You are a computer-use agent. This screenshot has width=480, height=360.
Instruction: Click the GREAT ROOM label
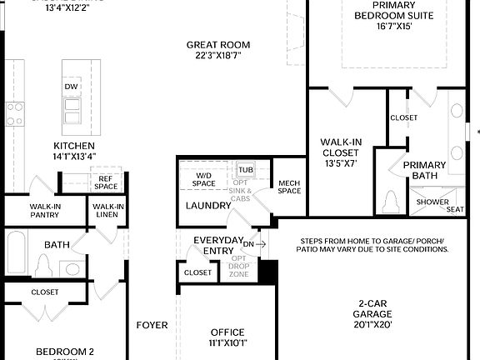point(218,45)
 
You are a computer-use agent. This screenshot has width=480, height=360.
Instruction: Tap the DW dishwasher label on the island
point(72,86)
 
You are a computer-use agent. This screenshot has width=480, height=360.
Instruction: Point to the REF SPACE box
point(106,182)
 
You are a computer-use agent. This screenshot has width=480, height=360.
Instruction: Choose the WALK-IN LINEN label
point(108,211)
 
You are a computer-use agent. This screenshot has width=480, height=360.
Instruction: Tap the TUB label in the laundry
point(245,169)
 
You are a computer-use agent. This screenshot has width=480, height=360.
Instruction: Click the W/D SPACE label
point(205,179)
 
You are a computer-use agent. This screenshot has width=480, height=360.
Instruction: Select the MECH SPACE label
point(289,187)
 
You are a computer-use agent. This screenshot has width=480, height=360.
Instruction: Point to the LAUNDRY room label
point(207,205)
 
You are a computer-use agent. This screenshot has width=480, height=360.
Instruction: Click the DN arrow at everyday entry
point(254,244)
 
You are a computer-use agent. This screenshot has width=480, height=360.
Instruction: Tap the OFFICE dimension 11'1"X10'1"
point(227,342)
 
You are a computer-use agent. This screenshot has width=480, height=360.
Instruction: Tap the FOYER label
point(152,325)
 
